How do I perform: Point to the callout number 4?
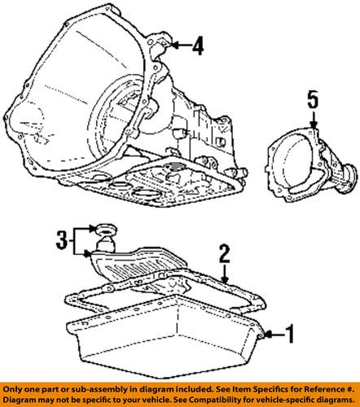(x=198, y=48)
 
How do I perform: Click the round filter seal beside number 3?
(x=104, y=227)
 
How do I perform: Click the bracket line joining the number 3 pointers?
(x=74, y=239)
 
